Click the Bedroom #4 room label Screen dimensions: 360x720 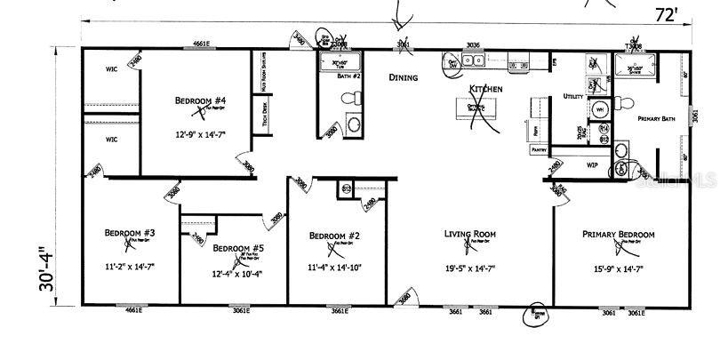pyautogui.click(x=200, y=100)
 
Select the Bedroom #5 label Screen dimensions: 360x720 pyautogui.click(x=236, y=248)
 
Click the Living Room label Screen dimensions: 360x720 pyautogui.click(x=469, y=235)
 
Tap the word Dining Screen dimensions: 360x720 pyautogui.click(x=404, y=77)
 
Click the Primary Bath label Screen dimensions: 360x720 pyautogui.click(x=658, y=117)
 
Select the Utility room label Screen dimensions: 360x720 pyautogui.click(x=573, y=96)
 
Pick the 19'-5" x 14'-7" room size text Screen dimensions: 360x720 pyautogui.click(x=469, y=267)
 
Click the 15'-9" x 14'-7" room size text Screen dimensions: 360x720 pyautogui.click(x=618, y=267)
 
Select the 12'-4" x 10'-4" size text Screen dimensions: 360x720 pyautogui.click(x=236, y=275)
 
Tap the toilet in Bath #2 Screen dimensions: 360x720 pyautogui.click(x=354, y=124)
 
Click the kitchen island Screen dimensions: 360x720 pyautogui.click(x=476, y=108)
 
